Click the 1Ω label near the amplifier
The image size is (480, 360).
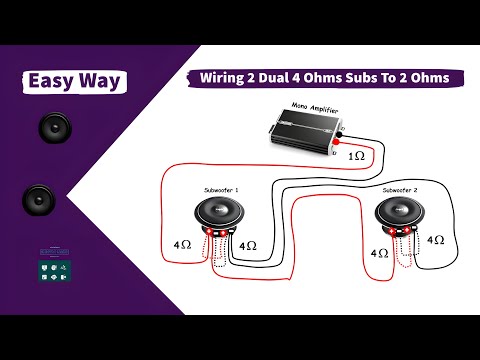[x=357, y=157]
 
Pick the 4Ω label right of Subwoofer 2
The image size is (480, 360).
[x=436, y=240]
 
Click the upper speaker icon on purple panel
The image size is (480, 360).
[x=51, y=129]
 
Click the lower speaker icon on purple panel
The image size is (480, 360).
[x=38, y=199]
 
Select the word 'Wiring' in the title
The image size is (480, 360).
[x=227, y=78]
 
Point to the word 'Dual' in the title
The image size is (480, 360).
[x=284, y=78]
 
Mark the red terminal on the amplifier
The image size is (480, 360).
[x=342, y=147]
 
